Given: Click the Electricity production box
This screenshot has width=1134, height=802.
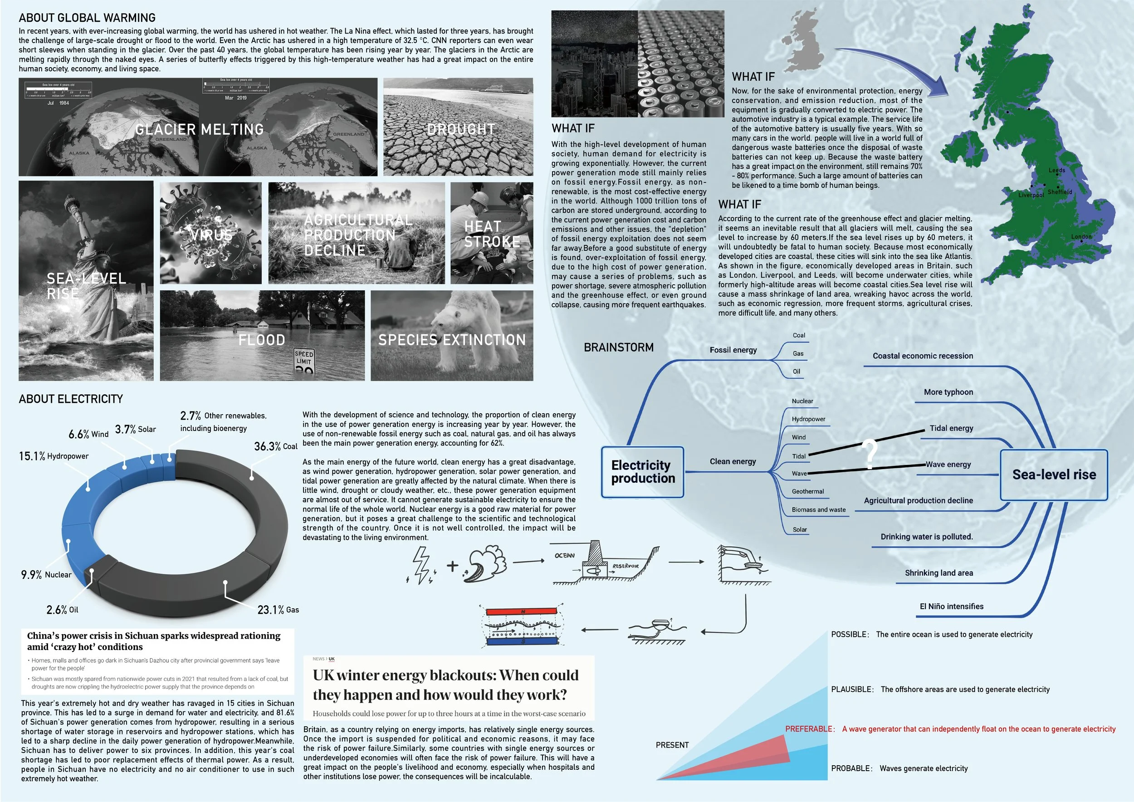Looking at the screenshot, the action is click(x=643, y=472).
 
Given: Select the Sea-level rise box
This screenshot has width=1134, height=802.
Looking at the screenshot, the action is click(x=1054, y=474).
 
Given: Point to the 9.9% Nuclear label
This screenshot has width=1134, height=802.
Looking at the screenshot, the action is click(x=46, y=575).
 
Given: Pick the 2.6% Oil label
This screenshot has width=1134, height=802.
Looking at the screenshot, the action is click(x=62, y=610).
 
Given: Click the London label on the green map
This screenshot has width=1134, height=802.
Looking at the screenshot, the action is click(x=1081, y=236).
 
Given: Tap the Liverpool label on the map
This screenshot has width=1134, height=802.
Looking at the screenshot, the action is click(x=1031, y=195).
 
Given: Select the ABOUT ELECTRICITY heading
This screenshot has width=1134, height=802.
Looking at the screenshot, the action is click(x=71, y=399).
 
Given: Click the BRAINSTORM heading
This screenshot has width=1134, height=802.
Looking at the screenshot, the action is click(x=618, y=347).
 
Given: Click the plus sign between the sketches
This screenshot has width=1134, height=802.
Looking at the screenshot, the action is click(x=452, y=566).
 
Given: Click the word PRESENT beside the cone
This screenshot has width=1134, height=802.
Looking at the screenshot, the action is click(x=672, y=745).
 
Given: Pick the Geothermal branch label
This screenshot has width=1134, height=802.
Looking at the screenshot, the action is click(x=807, y=491).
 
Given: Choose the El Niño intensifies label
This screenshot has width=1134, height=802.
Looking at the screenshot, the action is click(x=951, y=606).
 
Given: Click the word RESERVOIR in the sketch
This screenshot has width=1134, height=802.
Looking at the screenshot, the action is click(x=625, y=566).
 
